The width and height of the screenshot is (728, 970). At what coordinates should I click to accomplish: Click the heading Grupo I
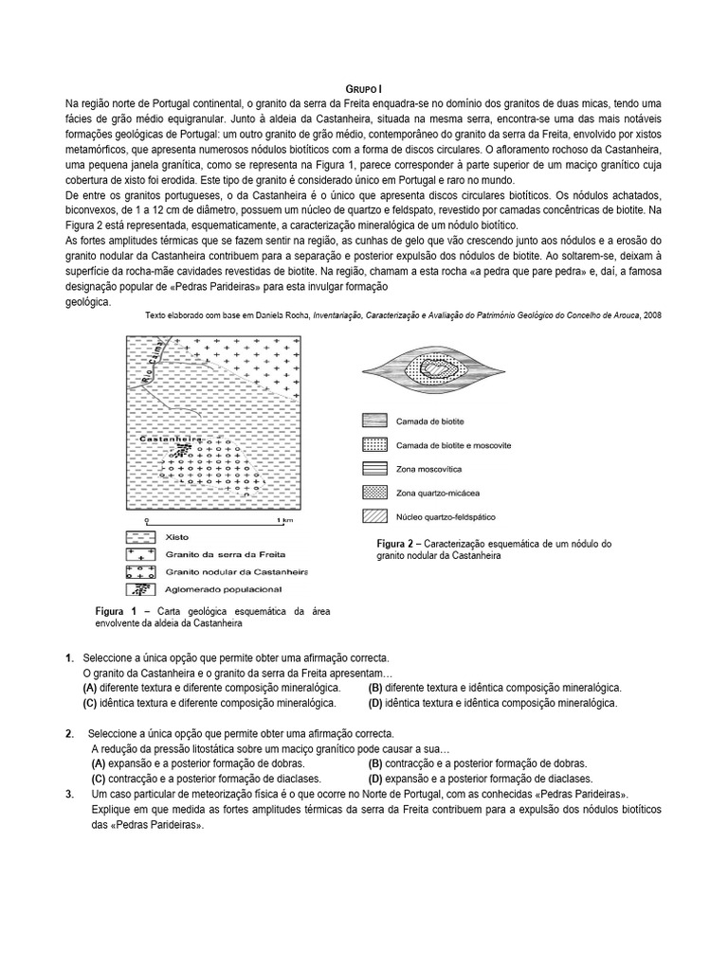(363, 87)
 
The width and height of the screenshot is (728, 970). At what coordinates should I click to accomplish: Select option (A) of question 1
(90, 688)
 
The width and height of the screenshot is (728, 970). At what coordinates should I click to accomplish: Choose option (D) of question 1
(375, 704)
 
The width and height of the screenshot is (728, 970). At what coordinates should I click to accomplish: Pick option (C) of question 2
(98, 779)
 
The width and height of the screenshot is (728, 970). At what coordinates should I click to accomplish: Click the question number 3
(70, 794)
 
